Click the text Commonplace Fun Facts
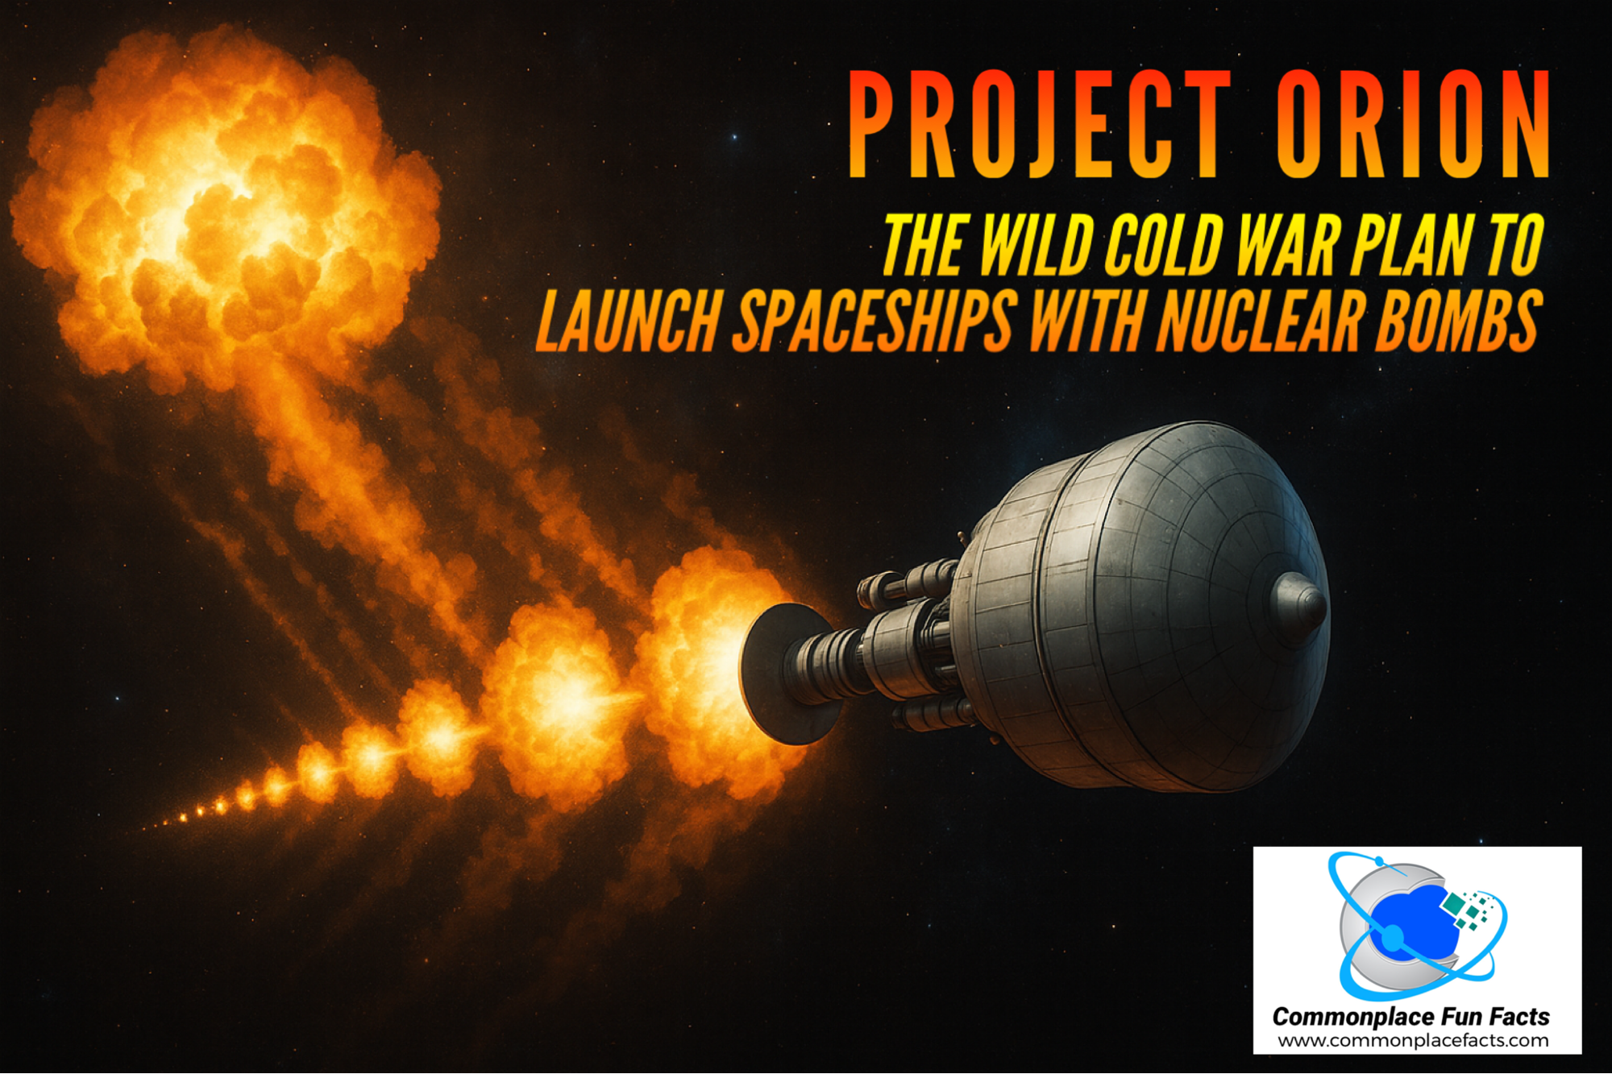(x=1410, y=1017)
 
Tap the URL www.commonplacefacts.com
(x=1413, y=1040)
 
